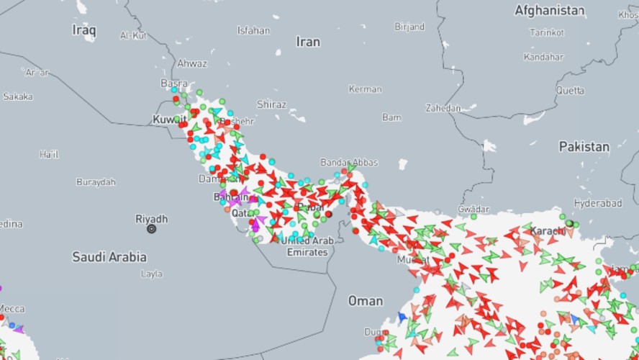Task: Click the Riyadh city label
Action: [151, 219]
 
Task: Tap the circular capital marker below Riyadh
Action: [151, 229]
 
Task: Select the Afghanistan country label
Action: [549, 11]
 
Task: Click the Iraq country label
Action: [84, 30]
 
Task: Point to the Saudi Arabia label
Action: [109, 257]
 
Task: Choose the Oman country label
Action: [366, 301]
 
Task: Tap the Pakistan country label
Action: [584, 147]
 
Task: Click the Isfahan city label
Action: [253, 31]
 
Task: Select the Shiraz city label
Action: [271, 104]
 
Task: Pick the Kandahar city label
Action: [545, 56]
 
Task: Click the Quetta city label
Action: [570, 91]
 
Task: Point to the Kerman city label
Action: [365, 89]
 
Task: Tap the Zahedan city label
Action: [443, 108]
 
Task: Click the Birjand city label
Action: [409, 27]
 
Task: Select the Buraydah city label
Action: [96, 182]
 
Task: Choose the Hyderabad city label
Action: [599, 204]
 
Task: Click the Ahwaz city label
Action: [192, 63]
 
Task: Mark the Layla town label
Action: [152, 274]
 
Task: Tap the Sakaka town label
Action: [17, 96]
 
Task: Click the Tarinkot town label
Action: [546, 32]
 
